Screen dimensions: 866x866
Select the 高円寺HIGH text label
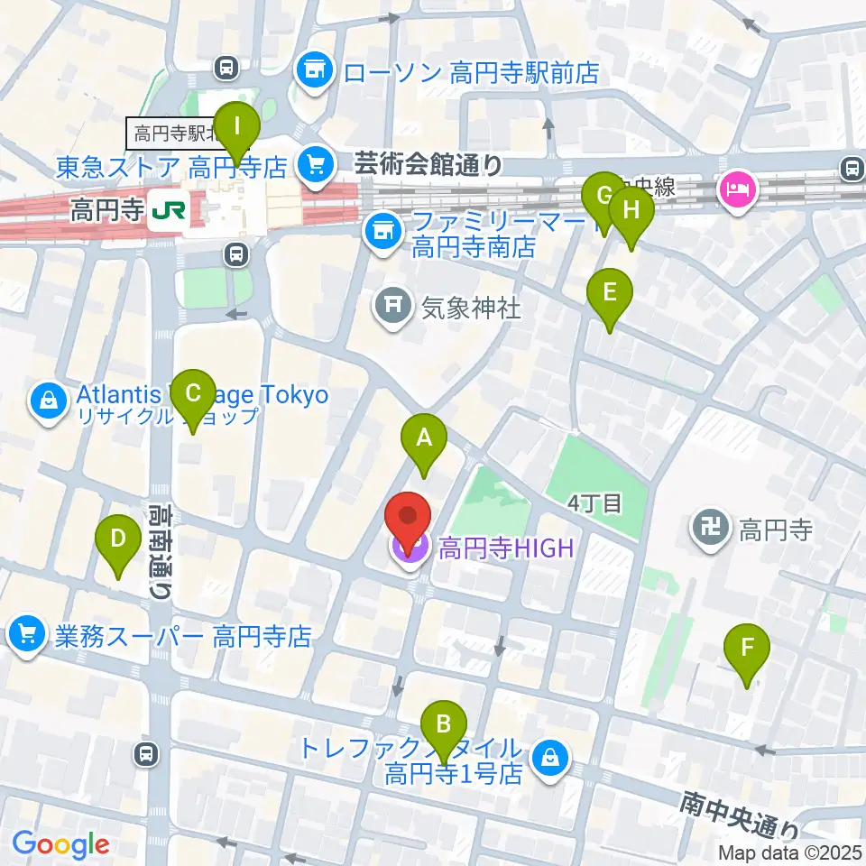tap(505, 548)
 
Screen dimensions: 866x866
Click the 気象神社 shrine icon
tap(394, 308)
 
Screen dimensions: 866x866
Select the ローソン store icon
tap(315, 70)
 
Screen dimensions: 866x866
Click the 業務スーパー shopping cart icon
tap(28, 636)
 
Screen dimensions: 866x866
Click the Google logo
tap(60, 845)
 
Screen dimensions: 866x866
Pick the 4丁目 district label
tap(596, 502)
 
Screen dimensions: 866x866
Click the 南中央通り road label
tap(742, 814)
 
